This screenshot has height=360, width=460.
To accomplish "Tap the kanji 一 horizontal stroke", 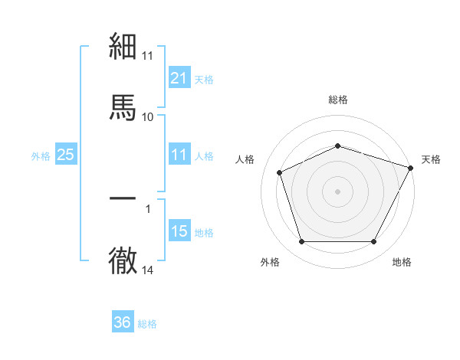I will click(x=123, y=198).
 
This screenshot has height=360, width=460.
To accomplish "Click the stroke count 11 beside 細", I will click(x=147, y=56).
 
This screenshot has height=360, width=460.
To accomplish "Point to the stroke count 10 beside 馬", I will click(x=147, y=117).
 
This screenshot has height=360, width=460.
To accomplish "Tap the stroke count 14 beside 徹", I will click(x=147, y=270).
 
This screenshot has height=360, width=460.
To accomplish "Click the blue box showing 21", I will click(x=179, y=78).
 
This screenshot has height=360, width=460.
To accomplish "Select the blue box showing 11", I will click(x=179, y=155).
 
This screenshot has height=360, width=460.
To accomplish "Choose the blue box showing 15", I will click(x=179, y=231).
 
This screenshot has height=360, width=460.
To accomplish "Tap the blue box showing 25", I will click(x=65, y=155).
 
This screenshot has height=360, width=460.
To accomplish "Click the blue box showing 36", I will click(x=122, y=322).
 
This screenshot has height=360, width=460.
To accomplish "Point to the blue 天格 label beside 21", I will click(x=204, y=79).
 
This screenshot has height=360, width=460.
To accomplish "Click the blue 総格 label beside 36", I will click(x=147, y=324).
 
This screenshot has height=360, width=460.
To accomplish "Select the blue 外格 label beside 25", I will click(x=41, y=156).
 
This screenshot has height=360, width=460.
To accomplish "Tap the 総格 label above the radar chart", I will click(x=337, y=100).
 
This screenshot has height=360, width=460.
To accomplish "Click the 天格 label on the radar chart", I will click(x=431, y=159).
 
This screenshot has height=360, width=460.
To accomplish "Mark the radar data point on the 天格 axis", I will click(x=412, y=167).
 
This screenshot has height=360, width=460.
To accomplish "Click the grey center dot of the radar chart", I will click(x=337, y=191).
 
